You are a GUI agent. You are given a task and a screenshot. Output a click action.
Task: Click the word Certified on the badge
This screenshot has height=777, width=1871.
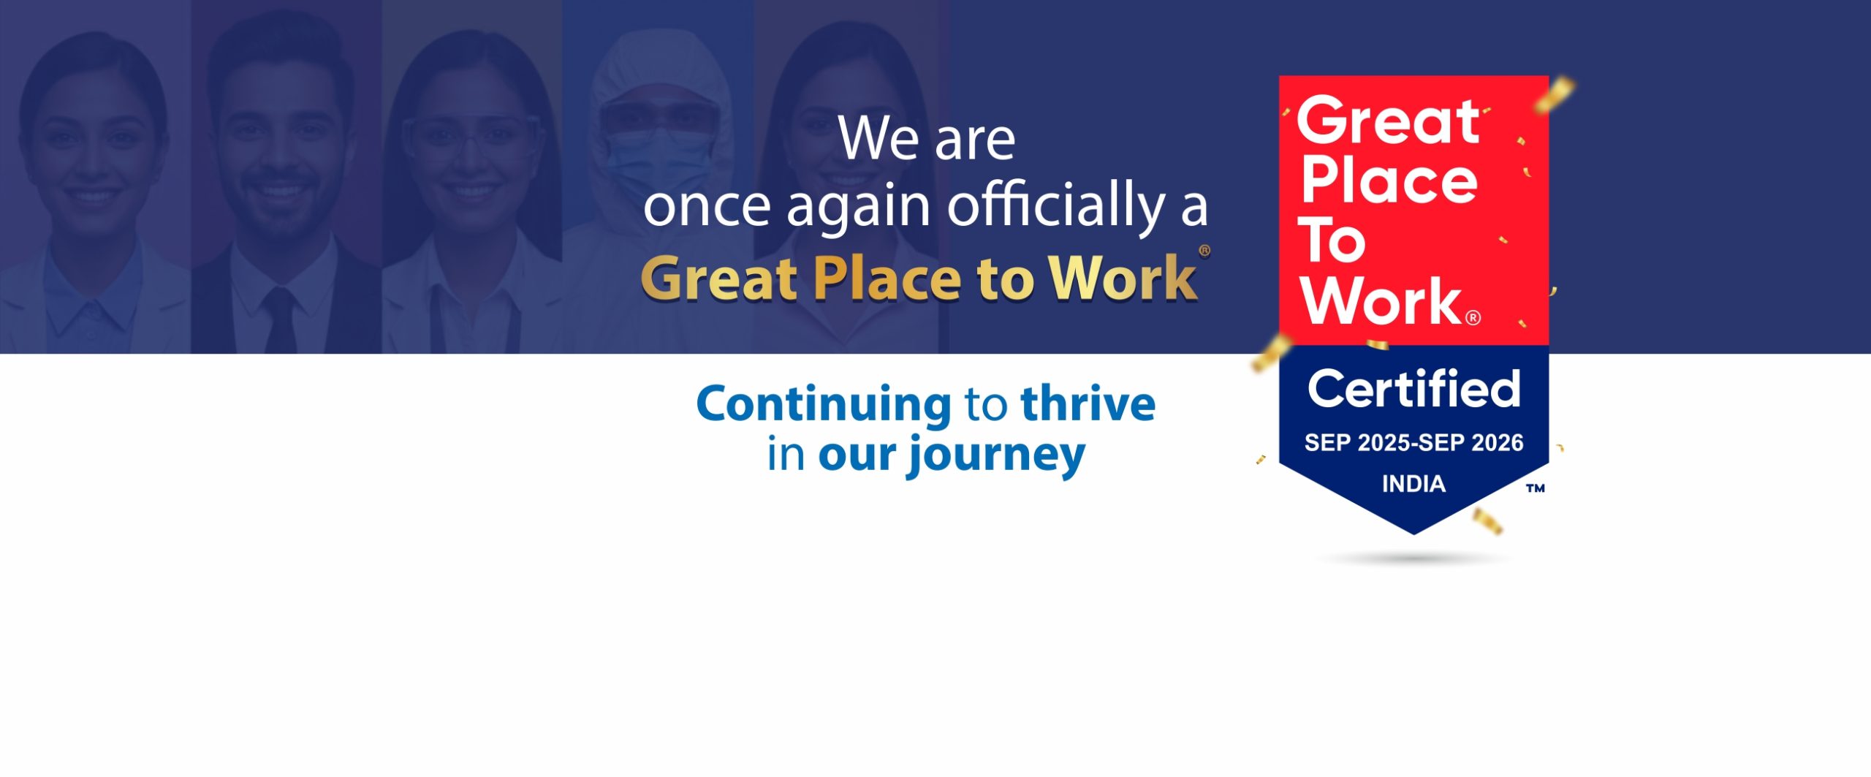tap(1413, 389)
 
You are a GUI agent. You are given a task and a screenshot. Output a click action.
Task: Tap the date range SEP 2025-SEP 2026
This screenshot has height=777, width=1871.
tap(1413, 443)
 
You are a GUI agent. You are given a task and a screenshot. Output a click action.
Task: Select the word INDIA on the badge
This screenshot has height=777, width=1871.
tap(1413, 484)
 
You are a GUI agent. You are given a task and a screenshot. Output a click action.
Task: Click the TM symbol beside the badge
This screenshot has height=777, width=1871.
tap(1535, 488)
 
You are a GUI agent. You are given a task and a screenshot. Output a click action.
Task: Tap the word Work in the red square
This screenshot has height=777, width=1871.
tap(1381, 300)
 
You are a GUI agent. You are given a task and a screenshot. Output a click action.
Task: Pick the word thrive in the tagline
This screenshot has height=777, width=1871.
tap(1088, 403)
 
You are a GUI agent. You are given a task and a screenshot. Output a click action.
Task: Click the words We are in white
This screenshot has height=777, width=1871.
tap(927, 138)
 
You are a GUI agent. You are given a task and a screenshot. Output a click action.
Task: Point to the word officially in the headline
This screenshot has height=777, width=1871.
tap(1056, 207)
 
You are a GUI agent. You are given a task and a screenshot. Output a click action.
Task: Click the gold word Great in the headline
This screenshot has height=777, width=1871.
tap(718, 278)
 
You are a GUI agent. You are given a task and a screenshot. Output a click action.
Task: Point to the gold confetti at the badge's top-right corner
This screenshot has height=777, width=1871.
tap(1555, 96)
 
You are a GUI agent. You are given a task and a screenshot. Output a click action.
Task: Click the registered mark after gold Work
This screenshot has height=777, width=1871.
tap(1204, 251)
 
